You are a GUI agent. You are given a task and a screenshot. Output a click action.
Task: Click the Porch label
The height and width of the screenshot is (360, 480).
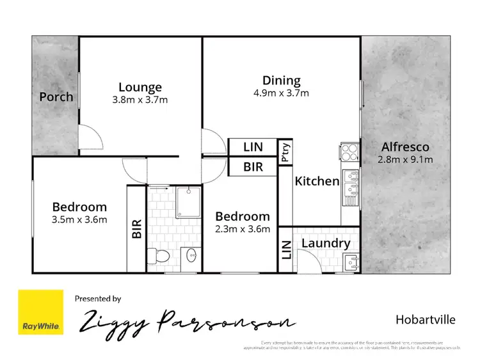point(56,97)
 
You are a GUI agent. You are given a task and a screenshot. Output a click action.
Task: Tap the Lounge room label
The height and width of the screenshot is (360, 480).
point(140,87)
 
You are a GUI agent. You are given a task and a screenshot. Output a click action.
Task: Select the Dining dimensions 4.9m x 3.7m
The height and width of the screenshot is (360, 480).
point(282,93)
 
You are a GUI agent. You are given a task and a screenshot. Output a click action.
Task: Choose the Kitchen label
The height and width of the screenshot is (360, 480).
point(316,181)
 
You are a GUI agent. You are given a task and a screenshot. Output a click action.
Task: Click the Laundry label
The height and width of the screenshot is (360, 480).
point(325,243)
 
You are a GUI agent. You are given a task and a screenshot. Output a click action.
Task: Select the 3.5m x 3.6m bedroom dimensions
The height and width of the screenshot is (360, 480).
point(79,219)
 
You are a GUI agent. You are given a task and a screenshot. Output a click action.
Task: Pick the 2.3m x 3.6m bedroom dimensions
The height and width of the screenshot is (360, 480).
point(243,229)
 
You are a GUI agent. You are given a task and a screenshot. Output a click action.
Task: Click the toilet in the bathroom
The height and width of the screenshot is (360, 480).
point(159,256)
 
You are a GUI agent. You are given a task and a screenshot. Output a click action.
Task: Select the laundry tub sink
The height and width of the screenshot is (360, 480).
point(350,261)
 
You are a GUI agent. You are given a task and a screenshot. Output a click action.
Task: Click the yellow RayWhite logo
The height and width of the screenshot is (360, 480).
point(41,312)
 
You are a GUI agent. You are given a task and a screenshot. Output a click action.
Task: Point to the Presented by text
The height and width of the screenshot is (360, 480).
point(98,298)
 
